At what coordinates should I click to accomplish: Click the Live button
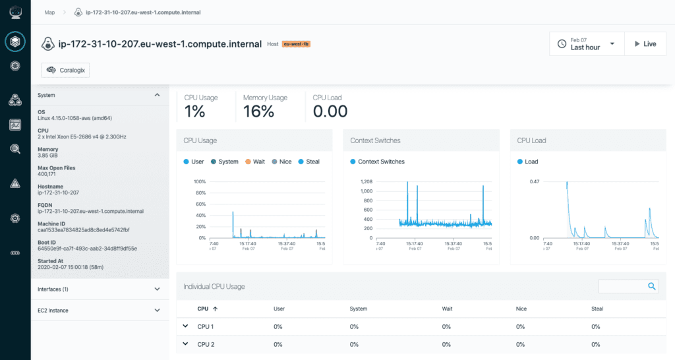tap(645, 44)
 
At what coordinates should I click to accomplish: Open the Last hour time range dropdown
tap(587, 44)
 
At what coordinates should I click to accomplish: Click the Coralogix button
tap(65, 69)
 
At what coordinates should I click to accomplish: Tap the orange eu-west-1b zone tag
tap(296, 44)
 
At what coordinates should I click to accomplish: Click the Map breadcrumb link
tap(49, 12)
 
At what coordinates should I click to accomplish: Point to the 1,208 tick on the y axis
tap(366, 181)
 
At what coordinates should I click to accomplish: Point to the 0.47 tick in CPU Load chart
tap(534, 181)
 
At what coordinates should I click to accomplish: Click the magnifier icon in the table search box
tap(651, 286)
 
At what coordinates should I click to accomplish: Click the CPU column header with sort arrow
tap(207, 309)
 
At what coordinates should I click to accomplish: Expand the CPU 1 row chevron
tap(185, 326)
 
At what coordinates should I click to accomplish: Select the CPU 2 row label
tap(206, 344)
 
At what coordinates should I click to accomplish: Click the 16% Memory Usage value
tap(258, 111)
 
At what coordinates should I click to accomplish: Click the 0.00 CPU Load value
tap(330, 111)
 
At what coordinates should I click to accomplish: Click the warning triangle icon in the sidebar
tap(15, 183)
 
